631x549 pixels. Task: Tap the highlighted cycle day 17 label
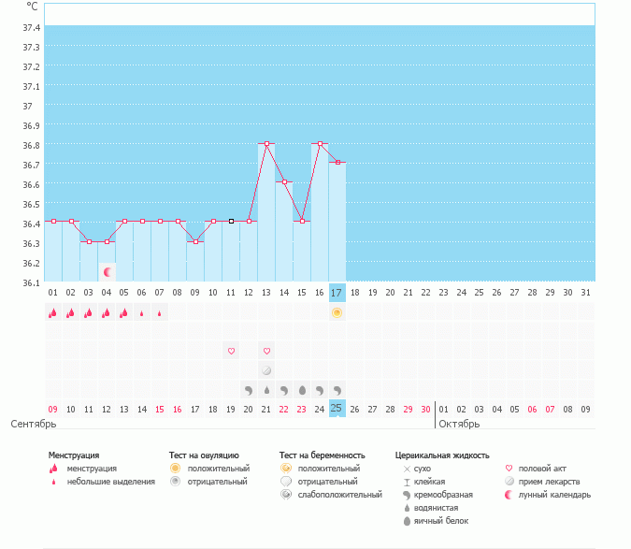coord(337,293)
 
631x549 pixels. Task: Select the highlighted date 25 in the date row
coord(337,409)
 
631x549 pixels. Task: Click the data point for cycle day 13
coord(266,144)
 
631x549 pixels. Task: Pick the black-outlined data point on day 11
coord(231,221)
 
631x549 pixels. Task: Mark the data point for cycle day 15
coord(302,221)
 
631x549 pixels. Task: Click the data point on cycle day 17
coord(337,163)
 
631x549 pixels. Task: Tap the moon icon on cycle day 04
coord(108,272)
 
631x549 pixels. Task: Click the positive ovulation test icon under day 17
coord(337,312)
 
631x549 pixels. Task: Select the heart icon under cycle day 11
coord(231,351)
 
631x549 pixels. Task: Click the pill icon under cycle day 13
coord(266,370)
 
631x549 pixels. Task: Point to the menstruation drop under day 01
coord(53,313)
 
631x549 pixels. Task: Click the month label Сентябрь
coord(27,424)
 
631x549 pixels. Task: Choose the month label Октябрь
coord(459,424)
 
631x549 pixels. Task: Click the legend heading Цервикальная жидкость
coord(442,455)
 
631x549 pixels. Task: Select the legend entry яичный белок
coord(443,520)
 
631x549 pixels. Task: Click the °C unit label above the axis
coord(32,6)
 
